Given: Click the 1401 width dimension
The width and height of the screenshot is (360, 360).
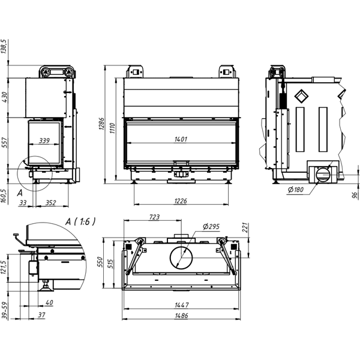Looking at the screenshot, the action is tap(181, 139).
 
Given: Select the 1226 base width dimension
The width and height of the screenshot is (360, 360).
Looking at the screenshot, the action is tap(181, 201).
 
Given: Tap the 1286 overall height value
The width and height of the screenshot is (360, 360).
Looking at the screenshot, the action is tap(101, 124).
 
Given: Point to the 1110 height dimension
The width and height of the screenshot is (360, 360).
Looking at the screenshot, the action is tap(112, 128).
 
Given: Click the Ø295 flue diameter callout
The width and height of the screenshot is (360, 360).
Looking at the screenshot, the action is tap(211, 227).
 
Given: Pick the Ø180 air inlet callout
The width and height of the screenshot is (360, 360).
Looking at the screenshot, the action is tap(295, 190).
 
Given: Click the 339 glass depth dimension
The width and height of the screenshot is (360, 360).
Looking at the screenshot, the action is tap(44, 140).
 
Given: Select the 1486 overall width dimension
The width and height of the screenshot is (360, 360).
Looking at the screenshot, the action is tap(182, 316).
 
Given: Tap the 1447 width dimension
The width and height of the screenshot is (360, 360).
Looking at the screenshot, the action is tap(182, 305).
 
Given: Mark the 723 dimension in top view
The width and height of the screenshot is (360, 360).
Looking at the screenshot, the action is tap(155, 217).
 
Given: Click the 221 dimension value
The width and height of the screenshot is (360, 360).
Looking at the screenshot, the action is tap(245, 227).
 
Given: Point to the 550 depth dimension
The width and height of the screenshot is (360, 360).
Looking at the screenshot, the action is tap(100, 262).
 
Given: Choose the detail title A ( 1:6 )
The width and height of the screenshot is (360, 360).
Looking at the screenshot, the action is tap(80, 221).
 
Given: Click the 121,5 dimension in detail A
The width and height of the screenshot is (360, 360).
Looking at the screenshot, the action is tap(4, 267).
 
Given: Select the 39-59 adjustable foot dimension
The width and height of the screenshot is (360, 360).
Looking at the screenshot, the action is tap(5, 310).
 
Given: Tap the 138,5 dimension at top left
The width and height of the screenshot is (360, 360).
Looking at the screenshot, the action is tap(4, 46).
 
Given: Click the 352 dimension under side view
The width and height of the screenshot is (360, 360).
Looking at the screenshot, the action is tap(51, 203).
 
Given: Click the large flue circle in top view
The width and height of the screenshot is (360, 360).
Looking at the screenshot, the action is tap(181, 258).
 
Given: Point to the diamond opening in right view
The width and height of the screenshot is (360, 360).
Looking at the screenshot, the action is tap(301, 96).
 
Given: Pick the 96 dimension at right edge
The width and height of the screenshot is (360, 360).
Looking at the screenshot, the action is tap(355, 196).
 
